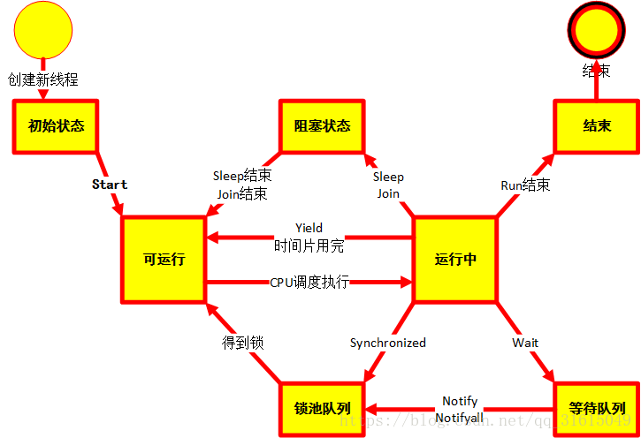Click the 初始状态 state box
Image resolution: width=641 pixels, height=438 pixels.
click(56, 125)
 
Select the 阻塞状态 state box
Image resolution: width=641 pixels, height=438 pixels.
click(322, 125)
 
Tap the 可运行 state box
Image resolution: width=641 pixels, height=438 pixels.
click(164, 259)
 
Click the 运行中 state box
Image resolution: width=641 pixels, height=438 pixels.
click(455, 259)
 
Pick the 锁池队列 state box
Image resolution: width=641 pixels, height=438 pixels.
click(322, 409)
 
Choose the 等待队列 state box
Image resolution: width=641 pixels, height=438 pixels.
click(596, 409)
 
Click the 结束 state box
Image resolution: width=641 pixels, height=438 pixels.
click(596, 125)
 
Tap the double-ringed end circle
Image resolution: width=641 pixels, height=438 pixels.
click(597, 30)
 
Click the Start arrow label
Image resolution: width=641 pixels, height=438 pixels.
click(110, 185)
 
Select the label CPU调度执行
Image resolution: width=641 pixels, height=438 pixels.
click(309, 283)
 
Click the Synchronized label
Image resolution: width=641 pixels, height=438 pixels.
click(387, 343)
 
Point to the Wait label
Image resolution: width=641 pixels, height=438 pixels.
click(525, 343)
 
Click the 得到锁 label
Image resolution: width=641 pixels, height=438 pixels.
click(242, 343)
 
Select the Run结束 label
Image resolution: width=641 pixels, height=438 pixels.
click(525, 185)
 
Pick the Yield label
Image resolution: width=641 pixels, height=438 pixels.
click(309, 228)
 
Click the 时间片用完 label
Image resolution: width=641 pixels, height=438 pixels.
click(309, 245)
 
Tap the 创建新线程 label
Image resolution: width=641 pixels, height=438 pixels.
click(43, 79)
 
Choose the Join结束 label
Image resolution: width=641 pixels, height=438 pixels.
click(242, 193)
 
